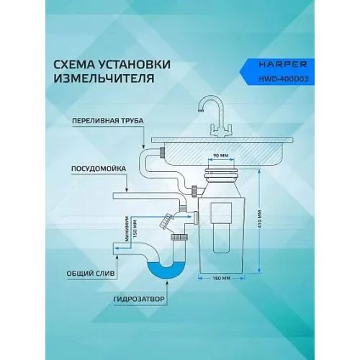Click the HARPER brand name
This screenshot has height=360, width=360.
pos(283,65)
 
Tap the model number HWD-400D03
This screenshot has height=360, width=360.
pos(284,78)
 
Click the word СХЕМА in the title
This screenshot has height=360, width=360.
pos(76,65)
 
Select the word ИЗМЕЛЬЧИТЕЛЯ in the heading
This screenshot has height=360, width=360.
pos(104,78)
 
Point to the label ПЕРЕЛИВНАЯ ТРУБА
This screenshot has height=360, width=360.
pos(108,121)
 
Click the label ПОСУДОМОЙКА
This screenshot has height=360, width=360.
pos(99,168)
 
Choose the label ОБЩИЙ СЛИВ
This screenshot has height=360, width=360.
pos(91,274)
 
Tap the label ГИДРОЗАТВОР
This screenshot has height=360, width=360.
pos(139,299)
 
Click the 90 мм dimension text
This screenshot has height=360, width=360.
pos(220,156)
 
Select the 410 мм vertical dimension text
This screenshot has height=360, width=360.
pos(259,220)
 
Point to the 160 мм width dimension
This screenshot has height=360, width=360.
pos(221,279)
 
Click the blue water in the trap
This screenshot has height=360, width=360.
pos(167,271)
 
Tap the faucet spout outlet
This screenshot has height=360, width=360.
pos(201,111)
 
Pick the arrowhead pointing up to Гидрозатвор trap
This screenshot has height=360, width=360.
pos(167,282)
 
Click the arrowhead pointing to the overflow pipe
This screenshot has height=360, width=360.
pos(143,146)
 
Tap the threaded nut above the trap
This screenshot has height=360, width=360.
pos(179,238)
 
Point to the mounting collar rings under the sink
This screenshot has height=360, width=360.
pos(221,173)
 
